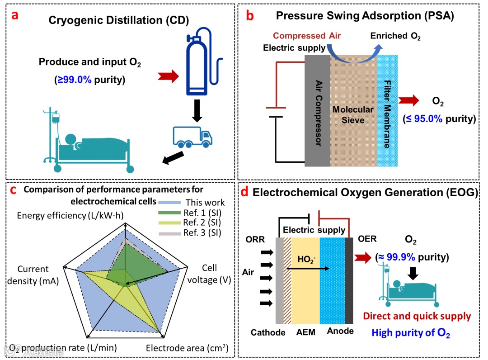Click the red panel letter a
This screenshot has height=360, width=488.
15,15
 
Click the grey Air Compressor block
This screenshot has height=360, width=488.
317,110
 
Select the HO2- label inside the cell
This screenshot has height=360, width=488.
307,260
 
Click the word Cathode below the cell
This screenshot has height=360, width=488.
268,332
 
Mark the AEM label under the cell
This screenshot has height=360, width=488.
305,332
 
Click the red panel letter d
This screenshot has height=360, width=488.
244,192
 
